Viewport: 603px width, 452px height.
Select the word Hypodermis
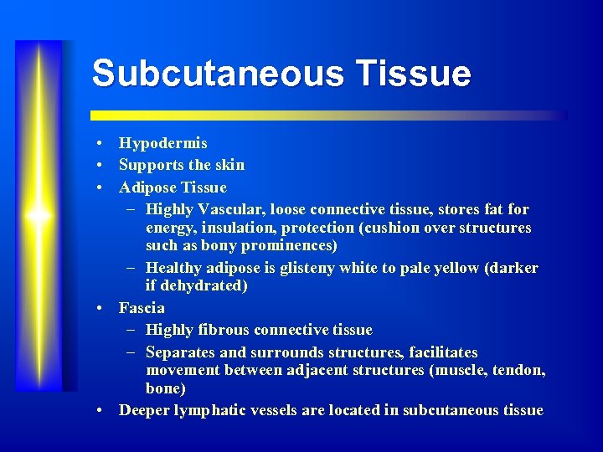[x=162, y=143]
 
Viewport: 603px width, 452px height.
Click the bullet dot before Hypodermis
[x=100, y=144]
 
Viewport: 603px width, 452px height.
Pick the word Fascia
[x=142, y=308]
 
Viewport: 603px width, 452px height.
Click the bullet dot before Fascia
[x=100, y=309]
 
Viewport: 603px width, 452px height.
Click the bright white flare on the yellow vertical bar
[x=39, y=215]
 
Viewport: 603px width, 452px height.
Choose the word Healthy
[x=172, y=268]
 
